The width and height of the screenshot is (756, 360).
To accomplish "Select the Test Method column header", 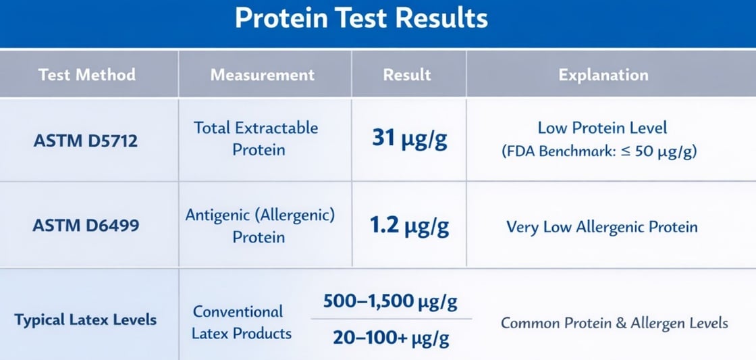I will click(x=87, y=74).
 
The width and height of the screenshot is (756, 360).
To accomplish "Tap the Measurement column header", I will click(x=263, y=74).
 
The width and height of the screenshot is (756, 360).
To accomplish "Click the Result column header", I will click(x=407, y=74).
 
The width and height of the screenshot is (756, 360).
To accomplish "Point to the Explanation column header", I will click(x=603, y=74).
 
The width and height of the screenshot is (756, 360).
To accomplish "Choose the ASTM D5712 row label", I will click(x=86, y=140).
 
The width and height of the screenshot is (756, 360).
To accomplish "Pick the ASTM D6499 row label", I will click(x=86, y=225).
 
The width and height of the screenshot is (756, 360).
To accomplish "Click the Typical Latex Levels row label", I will click(x=85, y=319).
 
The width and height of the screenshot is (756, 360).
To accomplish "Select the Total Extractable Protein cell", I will click(x=256, y=138).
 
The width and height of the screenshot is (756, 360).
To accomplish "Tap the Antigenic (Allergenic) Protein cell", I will click(x=261, y=226).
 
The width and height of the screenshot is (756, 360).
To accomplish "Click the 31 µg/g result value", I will click(x=409, y=138).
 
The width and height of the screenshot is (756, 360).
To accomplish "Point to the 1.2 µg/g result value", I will click(x=409, y=226).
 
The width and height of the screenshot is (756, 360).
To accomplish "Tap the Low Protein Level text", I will click(x=602, y=128).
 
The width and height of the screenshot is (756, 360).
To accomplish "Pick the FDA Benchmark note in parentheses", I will click(x=599, y=151).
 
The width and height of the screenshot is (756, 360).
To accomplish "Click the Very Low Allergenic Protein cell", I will click(x=602, y=226).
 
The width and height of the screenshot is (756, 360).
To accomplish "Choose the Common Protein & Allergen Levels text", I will click(x=614, y=323).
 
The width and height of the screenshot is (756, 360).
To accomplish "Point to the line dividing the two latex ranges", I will click(x=391, y=318).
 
